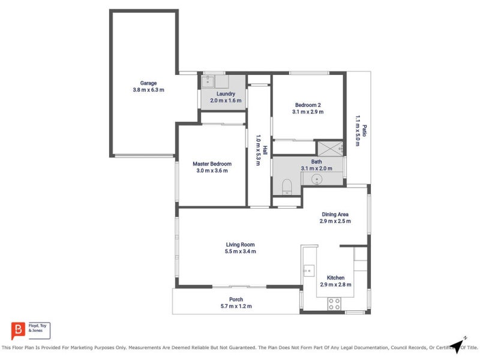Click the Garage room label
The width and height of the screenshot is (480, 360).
pyautogui.click(x=148, y=83)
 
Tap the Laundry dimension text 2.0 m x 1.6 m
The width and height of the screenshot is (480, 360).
pyautogui.click(x=226, y=101)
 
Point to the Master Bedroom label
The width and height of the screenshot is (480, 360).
pyautogui.click(x=212, y=164)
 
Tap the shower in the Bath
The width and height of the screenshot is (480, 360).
pyautogui.click(x=329, y=148)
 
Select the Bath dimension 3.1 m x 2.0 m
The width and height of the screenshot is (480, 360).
pyautogui.click(x=316, y=169)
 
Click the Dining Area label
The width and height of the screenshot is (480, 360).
pyautogui.click(x=335, y=214)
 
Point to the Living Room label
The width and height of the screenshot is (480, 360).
pyautogui.click(x=241, y=244)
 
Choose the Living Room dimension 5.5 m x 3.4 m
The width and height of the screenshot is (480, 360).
pyautogui.click(x=241, y=251)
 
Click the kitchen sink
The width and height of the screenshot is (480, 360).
pyautogui.click(x=309, y=271)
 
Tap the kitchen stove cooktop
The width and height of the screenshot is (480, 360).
pyautogui.click(x=334, y=304)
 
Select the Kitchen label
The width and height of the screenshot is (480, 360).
pyautogui.click(x=335, y=278)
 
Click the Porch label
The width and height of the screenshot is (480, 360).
pyautogui.click(x=236, y=299)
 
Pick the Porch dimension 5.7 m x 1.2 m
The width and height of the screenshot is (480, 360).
pyautogui.click(x=236, y=307)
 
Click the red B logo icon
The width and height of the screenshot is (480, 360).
pyautogui.click(x=18, y=330)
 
